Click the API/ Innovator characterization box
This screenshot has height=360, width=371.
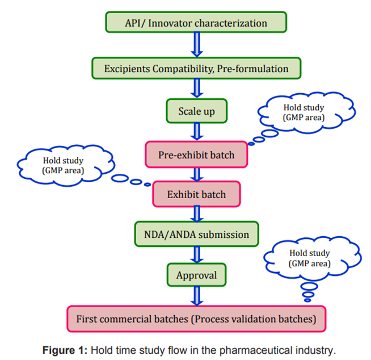tap(196, 23)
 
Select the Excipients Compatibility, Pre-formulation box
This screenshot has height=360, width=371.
tap(196, 69)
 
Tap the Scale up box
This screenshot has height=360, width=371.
tap(196, 111)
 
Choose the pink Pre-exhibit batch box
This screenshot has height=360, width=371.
tap(196, 154)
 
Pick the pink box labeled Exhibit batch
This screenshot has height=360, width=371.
tap(196, 195)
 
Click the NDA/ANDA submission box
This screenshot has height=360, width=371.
tap(196, 233)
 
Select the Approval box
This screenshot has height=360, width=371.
tap(196, 275)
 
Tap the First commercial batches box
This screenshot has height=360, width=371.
tap(196, 319)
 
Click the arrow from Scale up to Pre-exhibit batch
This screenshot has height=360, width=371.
tap(196, 132)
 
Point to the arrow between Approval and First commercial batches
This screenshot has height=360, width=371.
tap(196, 296)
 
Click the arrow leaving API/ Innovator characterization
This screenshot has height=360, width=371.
tap(196, 45)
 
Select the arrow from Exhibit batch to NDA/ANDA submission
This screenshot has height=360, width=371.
tap(196, 214)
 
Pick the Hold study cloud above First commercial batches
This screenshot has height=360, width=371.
tap(310, 258)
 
